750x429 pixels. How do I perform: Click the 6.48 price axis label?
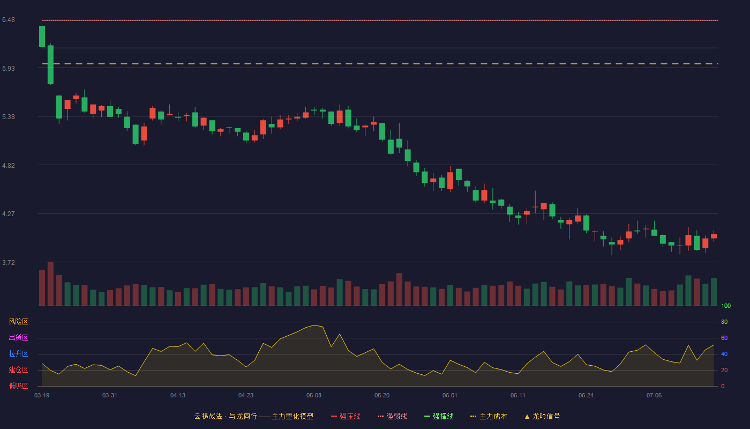click(9, 20)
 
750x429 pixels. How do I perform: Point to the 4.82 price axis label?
click(9, 165)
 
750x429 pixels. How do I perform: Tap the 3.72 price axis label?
click(9, 262)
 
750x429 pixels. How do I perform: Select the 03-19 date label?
click(42, 396)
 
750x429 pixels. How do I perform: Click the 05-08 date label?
click(314, 396)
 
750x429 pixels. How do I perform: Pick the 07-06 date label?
click(654, 396)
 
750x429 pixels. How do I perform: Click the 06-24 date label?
click(586, 396)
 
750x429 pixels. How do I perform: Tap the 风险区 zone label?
click(18, 322)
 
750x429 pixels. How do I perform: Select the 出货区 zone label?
click(18, 337)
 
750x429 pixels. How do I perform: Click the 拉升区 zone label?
click(18, 353)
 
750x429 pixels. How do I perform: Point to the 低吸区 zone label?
click(18, 386)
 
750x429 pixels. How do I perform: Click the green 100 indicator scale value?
click(726, 306)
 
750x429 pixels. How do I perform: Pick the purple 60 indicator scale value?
click(724, 338)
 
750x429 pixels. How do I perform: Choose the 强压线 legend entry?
click(346, 416)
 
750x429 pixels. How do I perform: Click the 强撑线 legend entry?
click(439, 416)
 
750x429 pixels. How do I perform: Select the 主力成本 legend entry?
click(489, 416)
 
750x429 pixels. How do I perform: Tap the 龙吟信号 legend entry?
click(542, 416)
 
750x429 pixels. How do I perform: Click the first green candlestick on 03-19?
click(42, 36)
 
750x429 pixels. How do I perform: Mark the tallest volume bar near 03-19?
click(50, 284)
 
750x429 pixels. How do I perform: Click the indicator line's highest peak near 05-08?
click(314, 325)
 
